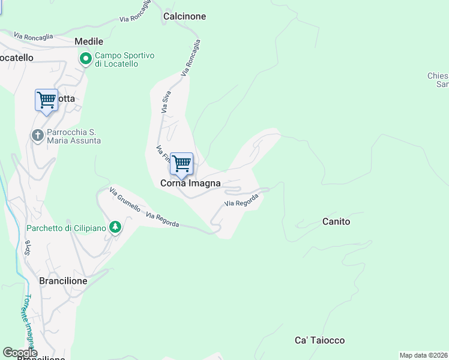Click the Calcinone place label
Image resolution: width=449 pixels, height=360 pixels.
[x=184, y=17]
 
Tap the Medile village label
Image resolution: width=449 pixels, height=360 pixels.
[x=89, y=42]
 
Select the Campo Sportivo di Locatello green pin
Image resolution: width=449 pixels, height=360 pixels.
[x=86, y=59]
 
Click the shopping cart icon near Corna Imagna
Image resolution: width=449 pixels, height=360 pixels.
[x=181, y=163]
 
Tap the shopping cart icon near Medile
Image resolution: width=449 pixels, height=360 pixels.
[x=46, y=100]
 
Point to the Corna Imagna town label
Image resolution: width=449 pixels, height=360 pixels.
[x=190, y=184]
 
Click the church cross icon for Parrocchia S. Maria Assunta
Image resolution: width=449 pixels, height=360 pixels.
[x=37, y=136]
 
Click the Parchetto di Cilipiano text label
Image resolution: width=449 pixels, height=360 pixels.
[x=66, y=228]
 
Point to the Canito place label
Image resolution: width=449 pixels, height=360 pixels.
[x=336, y=222]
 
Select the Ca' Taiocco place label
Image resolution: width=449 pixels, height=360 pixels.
[x=319, y=340]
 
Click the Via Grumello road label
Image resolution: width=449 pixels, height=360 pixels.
[x=125, y=200]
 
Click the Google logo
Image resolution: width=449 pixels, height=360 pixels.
[x=19, y=353]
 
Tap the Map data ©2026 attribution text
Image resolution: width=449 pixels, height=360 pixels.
[x=423, y=355]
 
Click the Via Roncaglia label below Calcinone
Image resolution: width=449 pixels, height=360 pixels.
[x=191, y=58]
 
